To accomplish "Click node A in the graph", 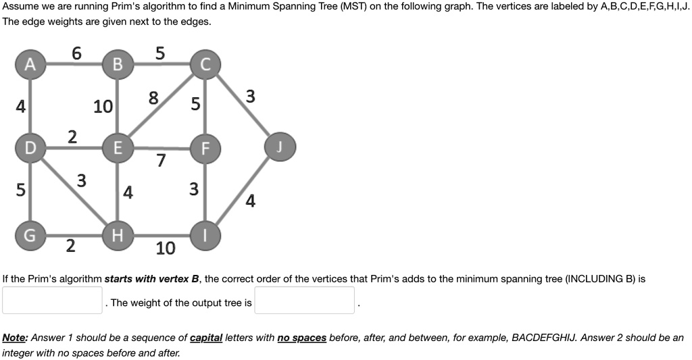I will [x=29, y=64].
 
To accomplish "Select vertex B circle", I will [x=118, y=65].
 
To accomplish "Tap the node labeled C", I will [x=205, y=65].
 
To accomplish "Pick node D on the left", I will [x=29, y=147].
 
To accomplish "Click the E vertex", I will [x=118, y=148].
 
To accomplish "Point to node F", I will [x=205, y=149].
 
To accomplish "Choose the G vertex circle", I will [x=29, y=236].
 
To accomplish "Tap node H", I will [x=118, y=236].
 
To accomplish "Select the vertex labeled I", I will [x=205, y=236].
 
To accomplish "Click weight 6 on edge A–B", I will [x=77, y=53].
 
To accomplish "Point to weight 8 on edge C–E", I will [x=154, y=99].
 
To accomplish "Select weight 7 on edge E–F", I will [x=160, y=161].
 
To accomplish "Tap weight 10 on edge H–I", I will [x=165, y=249].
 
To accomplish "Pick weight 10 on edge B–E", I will [x=103, y=106].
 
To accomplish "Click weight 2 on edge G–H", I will [x=70, y=246].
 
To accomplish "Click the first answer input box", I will [x=52, y=301].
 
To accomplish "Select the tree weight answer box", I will [x=304, y=301].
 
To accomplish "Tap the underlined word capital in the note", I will [x=205, y=337].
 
